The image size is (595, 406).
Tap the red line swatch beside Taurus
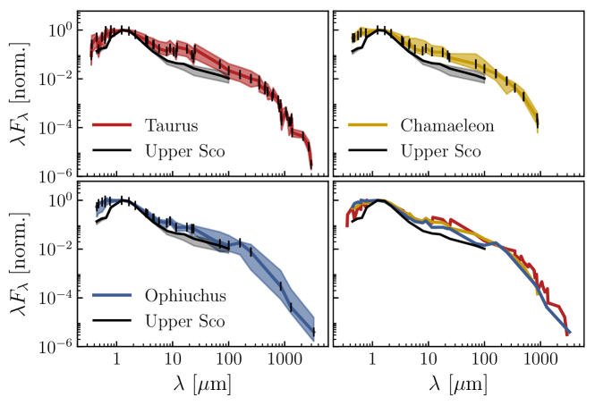click(x=112, y=126)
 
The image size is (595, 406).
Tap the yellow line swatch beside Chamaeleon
click(x=365, y=126)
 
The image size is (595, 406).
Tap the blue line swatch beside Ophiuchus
click(x=112, y=296)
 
